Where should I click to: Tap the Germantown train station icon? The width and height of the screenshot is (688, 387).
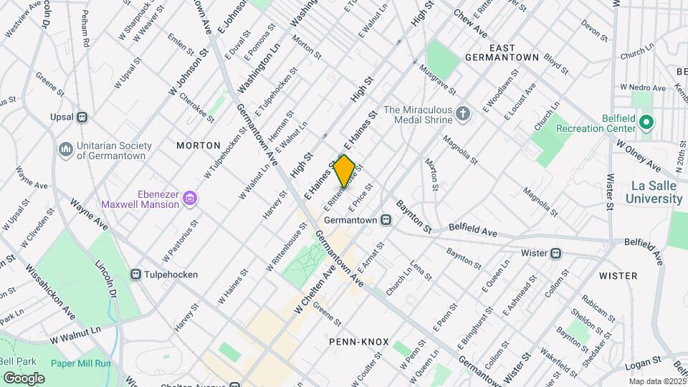click(x=386, y=219)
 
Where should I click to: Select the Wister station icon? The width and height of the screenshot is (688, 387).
click(x=555, y=253)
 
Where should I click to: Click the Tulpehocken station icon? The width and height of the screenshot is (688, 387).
click(x=135, y=274)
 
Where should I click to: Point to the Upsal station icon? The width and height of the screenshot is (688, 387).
click(x=82, y=117)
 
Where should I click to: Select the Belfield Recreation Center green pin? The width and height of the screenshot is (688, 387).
click(x=646, y=123)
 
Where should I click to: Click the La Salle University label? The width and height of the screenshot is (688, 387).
click(x=655, y=192)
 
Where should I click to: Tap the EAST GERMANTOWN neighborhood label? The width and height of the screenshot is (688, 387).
click(x=501, y=51)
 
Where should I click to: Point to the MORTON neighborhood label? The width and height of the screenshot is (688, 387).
click(x=199, y=145)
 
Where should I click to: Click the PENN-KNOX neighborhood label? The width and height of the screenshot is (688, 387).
click(x=358, y=342)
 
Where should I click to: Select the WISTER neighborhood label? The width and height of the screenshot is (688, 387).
click(x=618, y=276)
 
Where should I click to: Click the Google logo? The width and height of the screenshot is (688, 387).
click(x=24, y=378)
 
